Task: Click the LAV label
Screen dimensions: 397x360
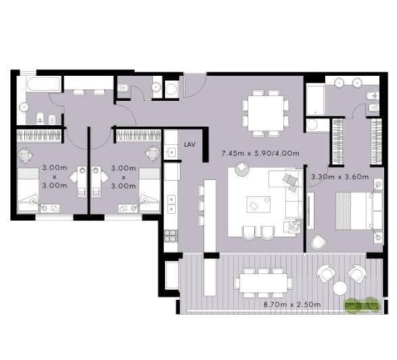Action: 189,145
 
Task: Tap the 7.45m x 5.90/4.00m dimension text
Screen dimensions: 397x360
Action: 260,154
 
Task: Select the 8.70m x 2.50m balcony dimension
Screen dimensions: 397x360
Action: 292,305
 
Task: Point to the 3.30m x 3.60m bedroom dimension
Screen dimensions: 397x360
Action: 340,177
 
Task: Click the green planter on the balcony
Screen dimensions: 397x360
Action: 362,304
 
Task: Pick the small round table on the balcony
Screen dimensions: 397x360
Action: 340,288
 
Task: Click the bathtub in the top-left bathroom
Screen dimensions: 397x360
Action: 43,84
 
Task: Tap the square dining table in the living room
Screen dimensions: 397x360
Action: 266,113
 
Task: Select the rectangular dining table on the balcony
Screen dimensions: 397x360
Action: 263,283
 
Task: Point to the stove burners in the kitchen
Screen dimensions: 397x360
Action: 171,236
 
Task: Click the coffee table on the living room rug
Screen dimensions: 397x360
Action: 258,204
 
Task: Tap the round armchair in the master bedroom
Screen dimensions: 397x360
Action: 319,242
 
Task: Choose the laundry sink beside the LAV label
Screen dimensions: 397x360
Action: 170,152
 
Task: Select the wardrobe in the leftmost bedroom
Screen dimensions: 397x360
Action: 39,135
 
